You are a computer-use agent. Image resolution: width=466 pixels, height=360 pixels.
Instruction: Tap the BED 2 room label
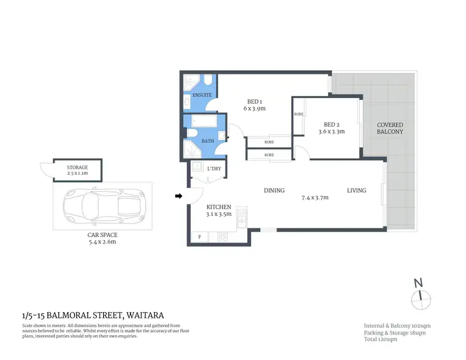point(331,124)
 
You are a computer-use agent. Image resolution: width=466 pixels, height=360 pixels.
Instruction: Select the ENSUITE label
point(202,95)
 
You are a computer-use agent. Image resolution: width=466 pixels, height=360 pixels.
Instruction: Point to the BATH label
point(208,141)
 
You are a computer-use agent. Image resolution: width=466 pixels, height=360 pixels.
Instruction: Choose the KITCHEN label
point(219,207)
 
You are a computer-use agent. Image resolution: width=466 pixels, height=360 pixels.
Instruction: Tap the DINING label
point(274,191)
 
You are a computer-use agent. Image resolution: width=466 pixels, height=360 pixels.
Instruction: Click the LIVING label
point(356,191)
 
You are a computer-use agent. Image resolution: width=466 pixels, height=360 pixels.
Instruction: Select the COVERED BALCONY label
point(390,128)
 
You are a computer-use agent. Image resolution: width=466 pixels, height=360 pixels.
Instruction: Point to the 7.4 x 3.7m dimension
point(314,198)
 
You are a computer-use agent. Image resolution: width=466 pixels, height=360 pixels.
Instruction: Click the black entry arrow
point(179,197)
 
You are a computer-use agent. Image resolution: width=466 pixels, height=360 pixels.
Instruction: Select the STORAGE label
point(78,168)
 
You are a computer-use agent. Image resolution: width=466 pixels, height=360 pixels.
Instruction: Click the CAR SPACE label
point(103,235)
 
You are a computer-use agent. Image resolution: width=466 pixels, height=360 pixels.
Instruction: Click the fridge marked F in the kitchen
point(200,236)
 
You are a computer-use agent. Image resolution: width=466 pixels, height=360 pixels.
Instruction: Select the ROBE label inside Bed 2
point(299,114)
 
